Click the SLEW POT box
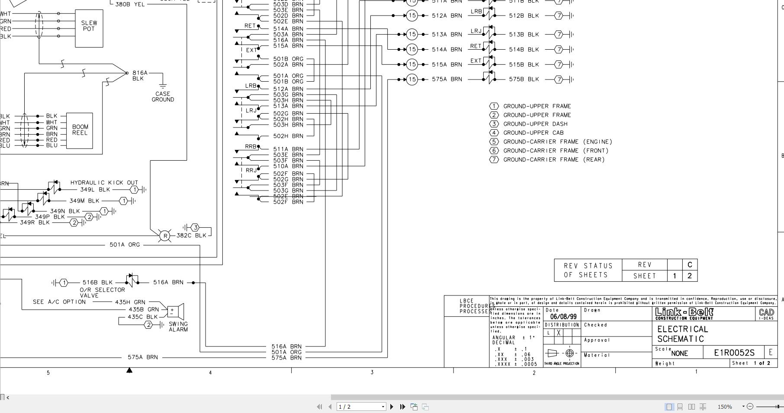point(89,28)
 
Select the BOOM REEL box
point(80,130)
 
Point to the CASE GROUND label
point(163,97)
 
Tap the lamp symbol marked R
point(164,236)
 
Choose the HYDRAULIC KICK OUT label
point(104,183)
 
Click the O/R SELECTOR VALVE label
point(102,292)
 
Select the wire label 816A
point(140,73)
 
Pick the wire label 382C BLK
point(191,235)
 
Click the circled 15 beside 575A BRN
point(412,79)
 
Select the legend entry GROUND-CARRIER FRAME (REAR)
point(554,159)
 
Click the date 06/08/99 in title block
point(563,317)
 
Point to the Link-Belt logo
point(684,314)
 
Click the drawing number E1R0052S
point(734,353)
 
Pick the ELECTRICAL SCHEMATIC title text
point(682,334)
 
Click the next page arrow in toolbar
point(392,407)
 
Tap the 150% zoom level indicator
point(725,407)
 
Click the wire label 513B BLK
point(524,35)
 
